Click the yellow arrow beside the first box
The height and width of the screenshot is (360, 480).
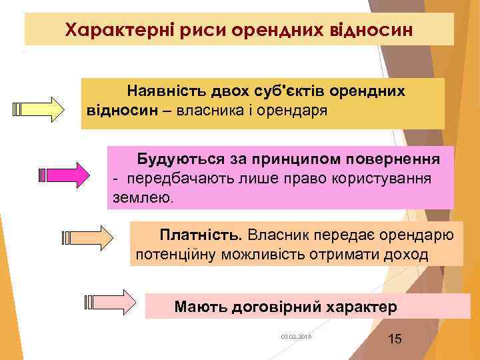[x=39, y=109]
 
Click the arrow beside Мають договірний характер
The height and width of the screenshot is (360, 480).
[x=110, y=302]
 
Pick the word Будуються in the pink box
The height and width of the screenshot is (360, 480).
[x=175, y=160]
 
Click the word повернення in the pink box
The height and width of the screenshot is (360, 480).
[x=393, y=160]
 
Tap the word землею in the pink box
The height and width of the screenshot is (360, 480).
[x=141, y=198]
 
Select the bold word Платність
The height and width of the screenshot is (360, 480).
[x=201, y=235]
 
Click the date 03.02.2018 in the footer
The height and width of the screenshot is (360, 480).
[x=297, y=337]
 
